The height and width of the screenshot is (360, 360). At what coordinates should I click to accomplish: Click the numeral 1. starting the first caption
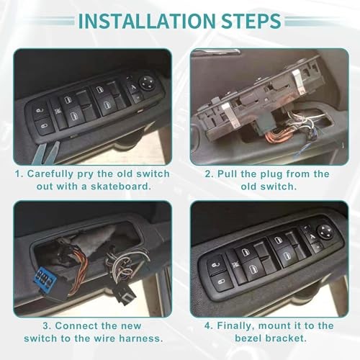[21, 174]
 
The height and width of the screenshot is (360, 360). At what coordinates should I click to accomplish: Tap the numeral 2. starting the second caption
[209, 174]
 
